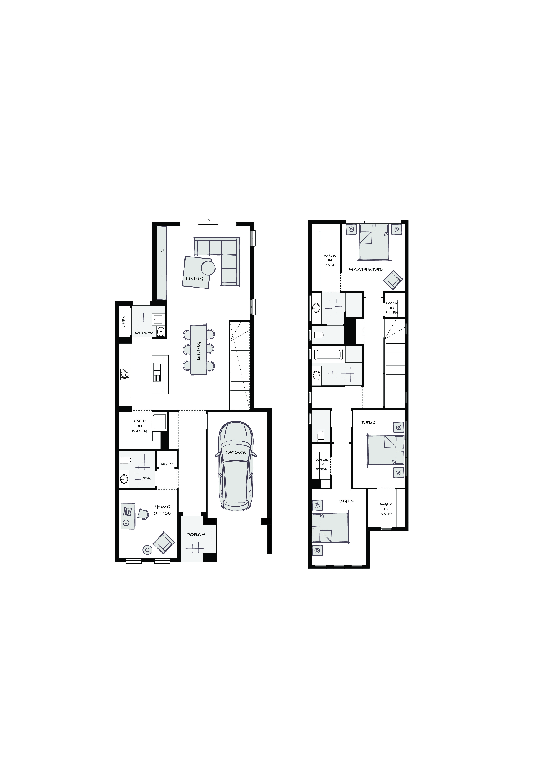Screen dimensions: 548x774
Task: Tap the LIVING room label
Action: pos(195,279)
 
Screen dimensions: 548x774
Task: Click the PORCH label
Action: pos(196,534)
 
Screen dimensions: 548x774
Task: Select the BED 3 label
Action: pos(346,501)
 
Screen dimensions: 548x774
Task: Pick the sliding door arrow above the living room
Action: pos(208,220)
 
